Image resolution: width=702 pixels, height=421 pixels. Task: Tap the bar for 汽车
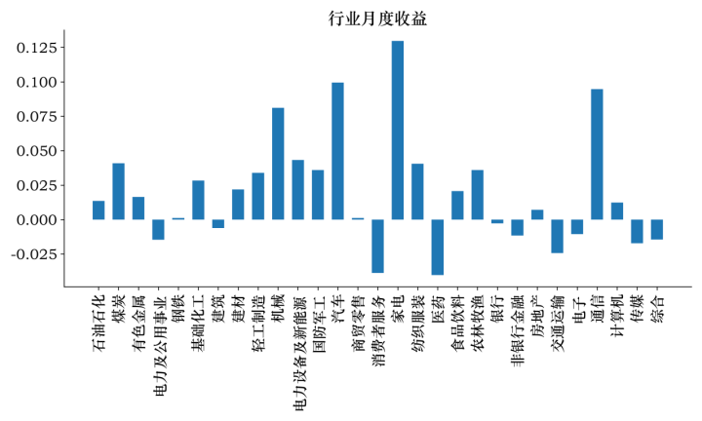(337, 151)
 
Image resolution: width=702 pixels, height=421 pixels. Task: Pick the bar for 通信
(597, 154)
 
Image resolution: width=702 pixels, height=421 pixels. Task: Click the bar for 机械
(278, 164)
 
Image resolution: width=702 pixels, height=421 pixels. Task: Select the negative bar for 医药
(438, 247)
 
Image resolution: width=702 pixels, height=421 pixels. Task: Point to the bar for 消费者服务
(377, 246)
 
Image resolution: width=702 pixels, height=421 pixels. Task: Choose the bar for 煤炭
(119, 191)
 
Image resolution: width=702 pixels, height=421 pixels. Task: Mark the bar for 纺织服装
(417, 191)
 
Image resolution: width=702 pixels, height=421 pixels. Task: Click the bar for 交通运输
(557, 236)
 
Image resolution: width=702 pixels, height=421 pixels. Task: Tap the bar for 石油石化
(98, 210)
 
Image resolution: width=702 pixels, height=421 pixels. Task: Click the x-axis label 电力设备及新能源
(298, 341)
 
